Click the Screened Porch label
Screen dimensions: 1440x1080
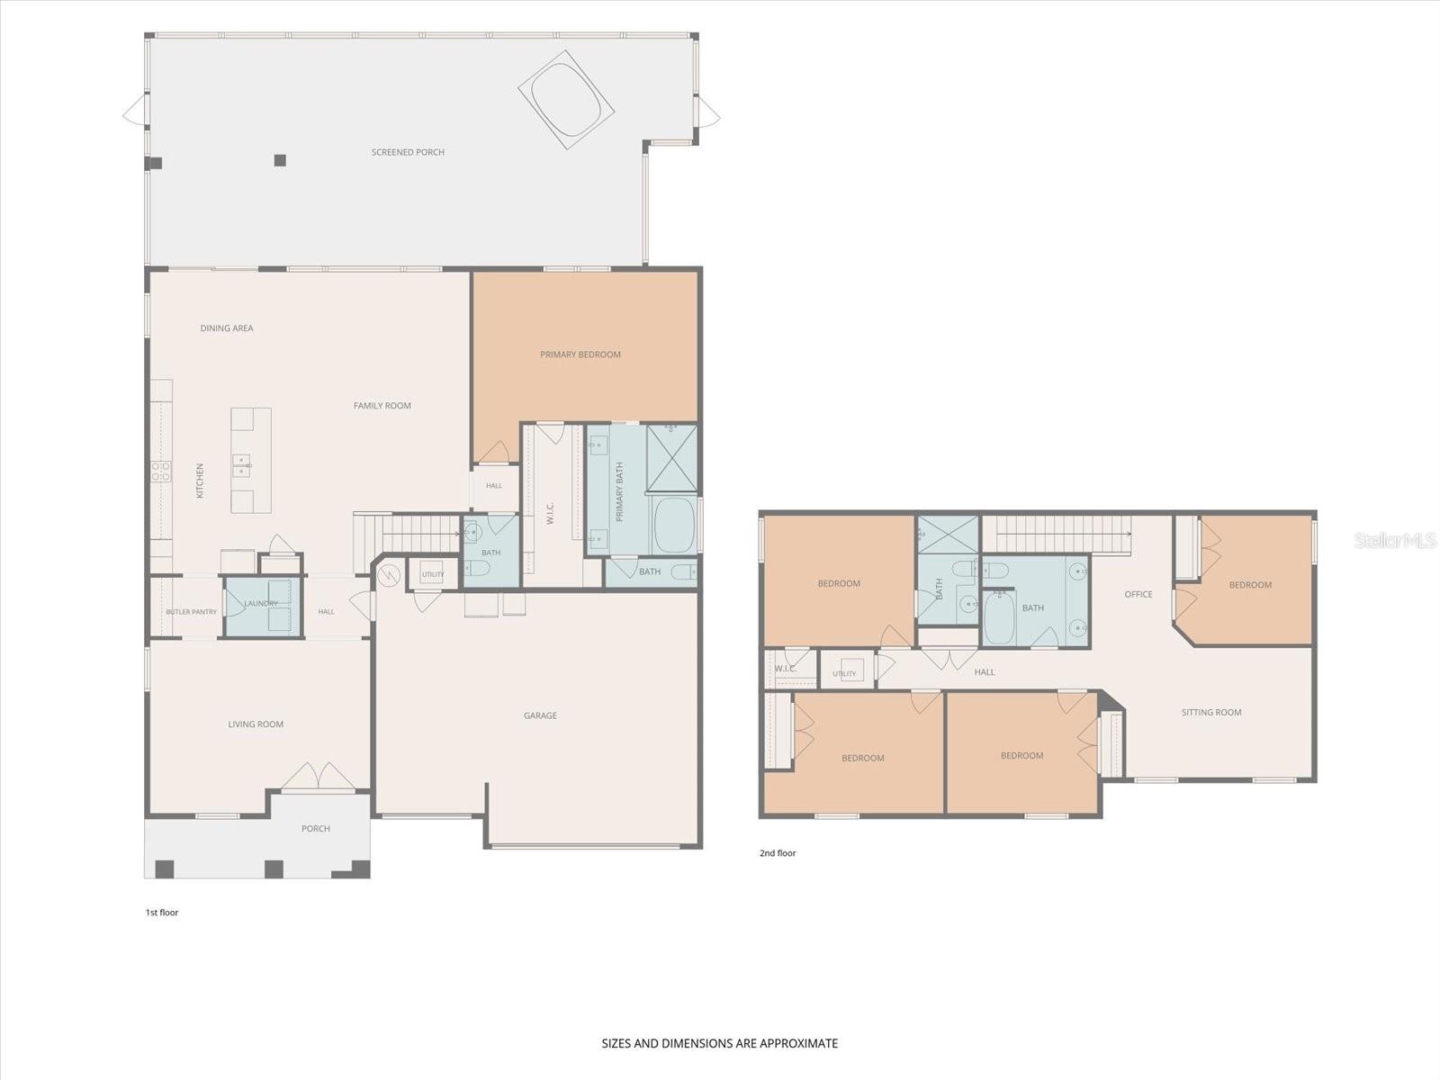pyautogui.click(x=408, y=152)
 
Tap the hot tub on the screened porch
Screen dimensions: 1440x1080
pyautogui.click(x=565, y=100)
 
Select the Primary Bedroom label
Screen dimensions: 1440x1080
pyautogui.click(x=580, y=355)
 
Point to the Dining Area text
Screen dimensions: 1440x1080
pyautogui.click(x=226, y=328)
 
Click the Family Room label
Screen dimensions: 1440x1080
pyautogui.click(x=382, y=406)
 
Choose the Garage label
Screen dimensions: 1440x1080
pyautogui.click(x=540, y=715)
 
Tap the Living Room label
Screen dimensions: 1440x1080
pyautogui.click(x=256, y=724)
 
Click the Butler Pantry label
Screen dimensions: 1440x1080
pyautogui.click(x=191, y=612)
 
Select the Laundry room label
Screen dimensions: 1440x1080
pyautogui.click(x=261, y=603)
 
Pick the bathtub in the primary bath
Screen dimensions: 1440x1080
pyautogui.click(x=674, y=526)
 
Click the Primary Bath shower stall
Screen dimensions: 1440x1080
pyautogui.click(x=671, y=458)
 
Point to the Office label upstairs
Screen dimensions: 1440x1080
pyautogui.click(x=1138, y=594)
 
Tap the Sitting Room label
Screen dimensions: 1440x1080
pyautogui.click(x=1211, y=712)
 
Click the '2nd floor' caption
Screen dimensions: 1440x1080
pyautogui.click(x=778, y=853)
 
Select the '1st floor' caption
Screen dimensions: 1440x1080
pyautogui.click(x=161, y=912)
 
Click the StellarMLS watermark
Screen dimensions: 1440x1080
pyautogui.click(x=1394, y=540)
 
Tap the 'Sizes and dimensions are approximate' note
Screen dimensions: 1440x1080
pyautogui.click(x=720, y=1043)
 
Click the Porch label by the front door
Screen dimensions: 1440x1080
pyautogui.click(x=316, y=829)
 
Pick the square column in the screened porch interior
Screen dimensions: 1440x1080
pyautogui.click(x=280, y=160)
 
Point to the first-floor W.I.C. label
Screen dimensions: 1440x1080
pyautogui.click(x=550, y=513)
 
